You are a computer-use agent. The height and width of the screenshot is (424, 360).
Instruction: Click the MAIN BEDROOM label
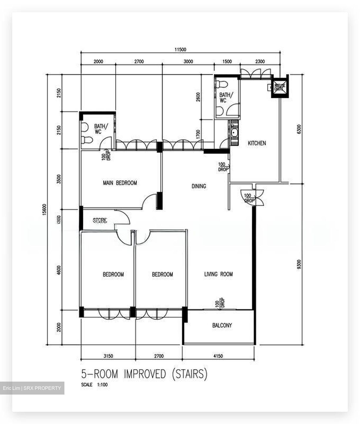[x=120, y=183]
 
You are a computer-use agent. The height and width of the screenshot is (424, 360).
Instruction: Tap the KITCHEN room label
[x=257, y=143]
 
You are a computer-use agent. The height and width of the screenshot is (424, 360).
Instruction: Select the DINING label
[x=199, y=186]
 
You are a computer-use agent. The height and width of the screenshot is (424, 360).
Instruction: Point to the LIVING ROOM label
[x=218, y=274]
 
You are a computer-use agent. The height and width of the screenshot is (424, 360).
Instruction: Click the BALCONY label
[x=222, y=325]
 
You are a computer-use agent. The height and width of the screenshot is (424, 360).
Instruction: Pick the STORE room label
[x=100, y=220]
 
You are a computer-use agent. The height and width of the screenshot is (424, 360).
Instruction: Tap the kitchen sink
[x=234, y=133]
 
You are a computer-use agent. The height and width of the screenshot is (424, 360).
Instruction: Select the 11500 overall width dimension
[x=180, y=49]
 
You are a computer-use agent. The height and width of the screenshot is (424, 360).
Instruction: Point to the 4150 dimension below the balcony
[x=218, y=356]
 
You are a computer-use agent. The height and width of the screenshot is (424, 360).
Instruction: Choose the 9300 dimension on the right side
[x=299, y=265]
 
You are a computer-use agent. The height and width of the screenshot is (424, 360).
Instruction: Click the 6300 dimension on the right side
[x=299, y=129]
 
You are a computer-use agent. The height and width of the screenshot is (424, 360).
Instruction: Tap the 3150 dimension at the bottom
[x=108, y=356]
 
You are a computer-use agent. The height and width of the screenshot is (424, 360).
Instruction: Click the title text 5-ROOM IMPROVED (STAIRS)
[x=144, y=374]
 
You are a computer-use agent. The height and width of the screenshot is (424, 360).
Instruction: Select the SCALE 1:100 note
[x=94, y=385]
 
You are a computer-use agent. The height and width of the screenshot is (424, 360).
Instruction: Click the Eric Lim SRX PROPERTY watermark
[x=32, y=388]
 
